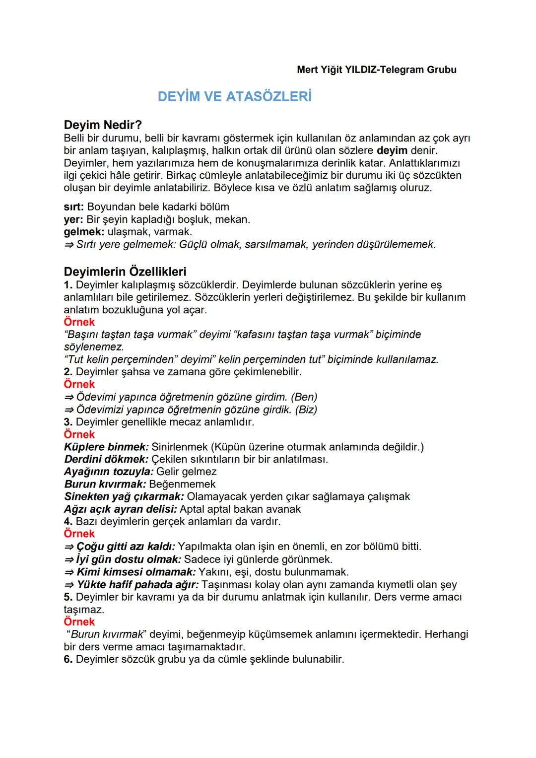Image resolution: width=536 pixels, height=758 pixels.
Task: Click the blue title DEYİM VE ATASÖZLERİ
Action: point(234,96)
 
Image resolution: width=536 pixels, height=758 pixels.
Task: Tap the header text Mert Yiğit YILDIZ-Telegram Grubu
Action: point(376,69)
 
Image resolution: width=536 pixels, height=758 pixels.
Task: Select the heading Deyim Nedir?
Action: point(103,125)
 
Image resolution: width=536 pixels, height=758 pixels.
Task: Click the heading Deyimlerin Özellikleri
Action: point(125,272)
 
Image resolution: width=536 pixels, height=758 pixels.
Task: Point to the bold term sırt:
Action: point(74,207)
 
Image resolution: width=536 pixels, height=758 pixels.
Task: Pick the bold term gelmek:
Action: point(84,232)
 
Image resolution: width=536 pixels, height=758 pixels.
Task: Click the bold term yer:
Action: point(73,219)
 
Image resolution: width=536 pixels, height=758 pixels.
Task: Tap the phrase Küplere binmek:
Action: point(106,447)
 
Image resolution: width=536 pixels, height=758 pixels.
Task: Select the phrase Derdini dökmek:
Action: point(106,459)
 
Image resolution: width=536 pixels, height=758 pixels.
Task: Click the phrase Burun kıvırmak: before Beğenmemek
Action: point(105,484)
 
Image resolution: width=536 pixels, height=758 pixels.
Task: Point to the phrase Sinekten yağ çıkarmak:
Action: point(124,496)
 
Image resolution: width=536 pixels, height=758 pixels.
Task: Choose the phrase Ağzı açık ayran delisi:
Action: point(121,509)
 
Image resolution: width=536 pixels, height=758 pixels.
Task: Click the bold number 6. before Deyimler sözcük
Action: point(68,659)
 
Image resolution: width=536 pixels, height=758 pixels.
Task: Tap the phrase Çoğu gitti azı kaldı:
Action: point(126,547)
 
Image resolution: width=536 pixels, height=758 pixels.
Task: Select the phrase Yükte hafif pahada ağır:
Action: point(137,585)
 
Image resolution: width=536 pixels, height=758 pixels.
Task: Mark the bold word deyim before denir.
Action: point(392,150)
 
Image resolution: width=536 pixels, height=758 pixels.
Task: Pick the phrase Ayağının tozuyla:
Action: point(109,472)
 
